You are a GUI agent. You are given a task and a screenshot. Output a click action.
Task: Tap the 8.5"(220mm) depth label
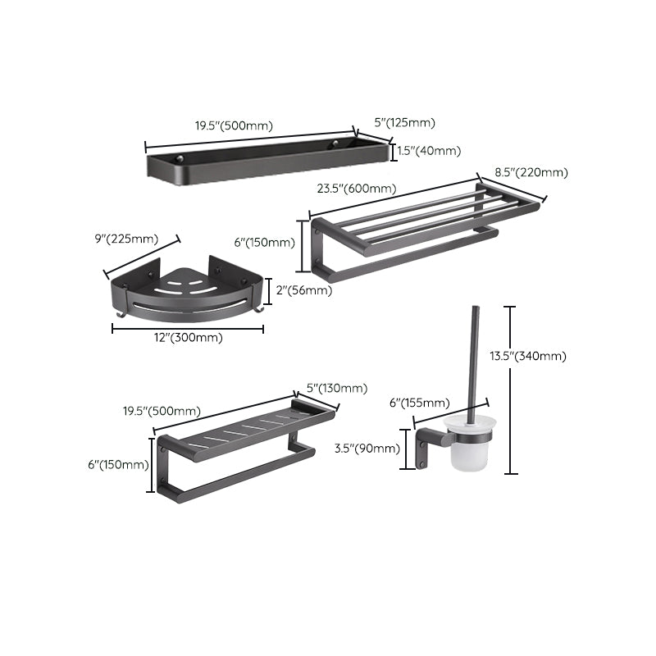pos(531,172)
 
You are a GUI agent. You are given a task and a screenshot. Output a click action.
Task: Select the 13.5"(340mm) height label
pos(540,356)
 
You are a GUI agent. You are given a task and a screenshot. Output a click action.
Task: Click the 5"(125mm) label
pos(404,123)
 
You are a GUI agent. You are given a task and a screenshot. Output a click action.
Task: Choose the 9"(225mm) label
pos(126,239)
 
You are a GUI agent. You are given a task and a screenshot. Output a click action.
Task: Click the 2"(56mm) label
pos(304,290)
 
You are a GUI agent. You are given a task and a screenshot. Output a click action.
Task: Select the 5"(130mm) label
pos(336,388)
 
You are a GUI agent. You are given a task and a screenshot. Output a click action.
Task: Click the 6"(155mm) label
pos(419,402)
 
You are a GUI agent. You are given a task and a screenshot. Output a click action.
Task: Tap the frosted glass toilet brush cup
pos(471,452)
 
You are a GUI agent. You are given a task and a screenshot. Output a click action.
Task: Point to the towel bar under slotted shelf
pos(238,473)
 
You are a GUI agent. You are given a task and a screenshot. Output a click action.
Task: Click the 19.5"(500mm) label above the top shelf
pos(234,126)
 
